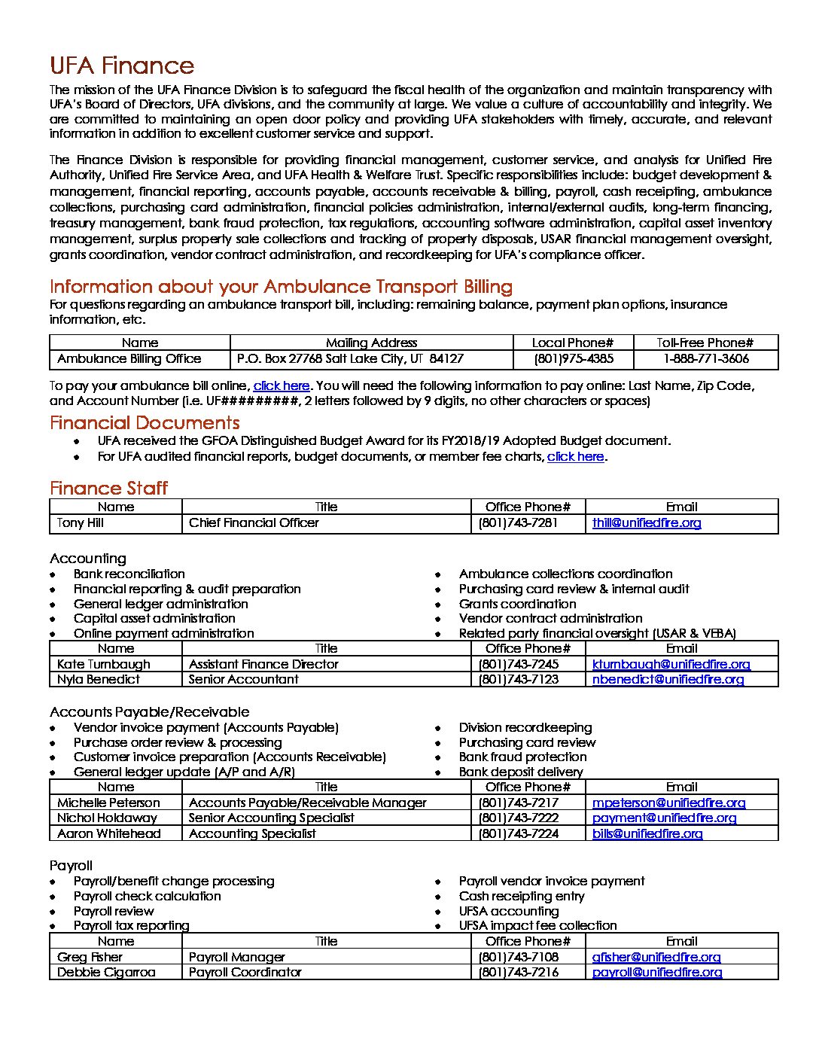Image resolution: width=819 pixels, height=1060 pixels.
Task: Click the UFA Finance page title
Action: tap(122, 66)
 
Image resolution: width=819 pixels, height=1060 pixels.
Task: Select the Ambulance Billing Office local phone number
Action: tap(574, 359)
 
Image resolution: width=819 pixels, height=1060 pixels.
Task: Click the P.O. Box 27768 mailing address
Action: tap(350, 359)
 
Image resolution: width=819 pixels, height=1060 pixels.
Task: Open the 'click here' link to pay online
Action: tap(282, 386)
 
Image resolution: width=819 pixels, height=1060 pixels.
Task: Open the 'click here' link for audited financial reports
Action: tap(575, 457)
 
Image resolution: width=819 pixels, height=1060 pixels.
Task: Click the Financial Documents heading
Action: tap(145, 423)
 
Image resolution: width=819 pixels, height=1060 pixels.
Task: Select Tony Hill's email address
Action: tap(647, 523)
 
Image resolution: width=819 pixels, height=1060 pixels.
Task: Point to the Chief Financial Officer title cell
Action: tap(254, 523)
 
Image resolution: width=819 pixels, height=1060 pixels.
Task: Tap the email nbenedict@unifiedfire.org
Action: tap(668, 680)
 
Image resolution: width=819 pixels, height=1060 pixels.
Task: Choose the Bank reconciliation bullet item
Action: tap(129, 574)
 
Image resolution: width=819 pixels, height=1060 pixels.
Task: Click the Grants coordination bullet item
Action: tap(517, 605)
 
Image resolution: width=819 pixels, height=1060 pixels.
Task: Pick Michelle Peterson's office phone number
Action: tap(519, 803)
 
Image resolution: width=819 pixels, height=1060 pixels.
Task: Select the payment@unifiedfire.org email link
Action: tap(664, 818)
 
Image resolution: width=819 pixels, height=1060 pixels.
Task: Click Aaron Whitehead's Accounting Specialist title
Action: tap(252, 834)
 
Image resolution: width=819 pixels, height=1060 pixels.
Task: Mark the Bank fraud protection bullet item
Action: tap(522, 757)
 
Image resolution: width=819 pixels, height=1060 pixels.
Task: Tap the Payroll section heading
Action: tap(71, 866)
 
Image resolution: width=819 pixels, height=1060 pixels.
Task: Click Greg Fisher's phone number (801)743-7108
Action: tap(519, 958)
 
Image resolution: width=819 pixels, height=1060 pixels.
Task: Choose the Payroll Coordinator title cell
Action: tap(245, 973)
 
